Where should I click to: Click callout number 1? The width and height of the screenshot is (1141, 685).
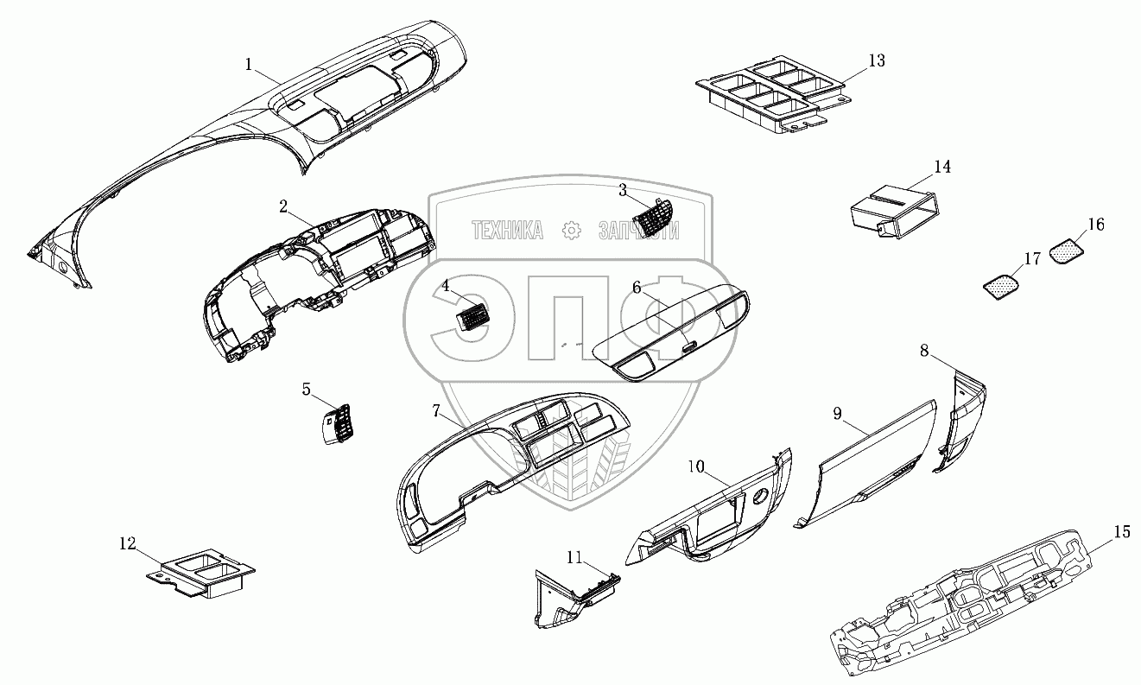[x=249, y=64]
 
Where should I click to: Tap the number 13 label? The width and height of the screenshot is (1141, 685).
[x=877, y=60]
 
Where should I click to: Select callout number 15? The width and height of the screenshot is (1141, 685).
[x=1121, y=532]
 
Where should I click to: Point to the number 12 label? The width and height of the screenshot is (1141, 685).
[x=128, y=543]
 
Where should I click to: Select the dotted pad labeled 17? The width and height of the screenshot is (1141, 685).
[x=1002, y=284]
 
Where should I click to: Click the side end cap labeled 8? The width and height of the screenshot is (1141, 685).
[x=960, y=419]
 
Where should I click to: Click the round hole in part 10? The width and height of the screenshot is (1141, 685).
[x=761, y=498]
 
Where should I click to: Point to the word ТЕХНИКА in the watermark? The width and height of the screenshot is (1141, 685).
[x=507, y=230]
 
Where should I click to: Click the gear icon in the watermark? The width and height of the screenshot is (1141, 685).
[x=571, y=230]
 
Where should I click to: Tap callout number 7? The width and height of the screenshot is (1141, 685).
[x=436, y=409]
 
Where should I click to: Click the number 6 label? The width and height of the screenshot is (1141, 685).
[x=637, y=288]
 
